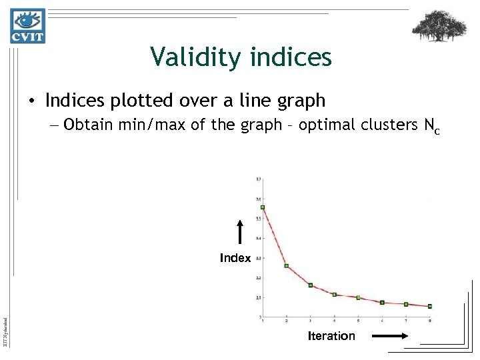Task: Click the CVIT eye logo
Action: point(27,26)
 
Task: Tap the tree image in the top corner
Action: point(439,27)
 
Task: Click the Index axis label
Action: point(235,258)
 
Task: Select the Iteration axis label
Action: point(331,336)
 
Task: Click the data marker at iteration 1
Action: point(263,207)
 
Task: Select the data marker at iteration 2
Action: point(287,266)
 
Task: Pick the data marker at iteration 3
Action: point(311,285)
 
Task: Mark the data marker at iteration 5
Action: point(358,297)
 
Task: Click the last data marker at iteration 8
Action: point(430,306)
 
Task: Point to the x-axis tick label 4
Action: point(335,321)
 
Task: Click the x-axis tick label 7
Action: point(406,321)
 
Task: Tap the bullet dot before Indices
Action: point(32,101)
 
